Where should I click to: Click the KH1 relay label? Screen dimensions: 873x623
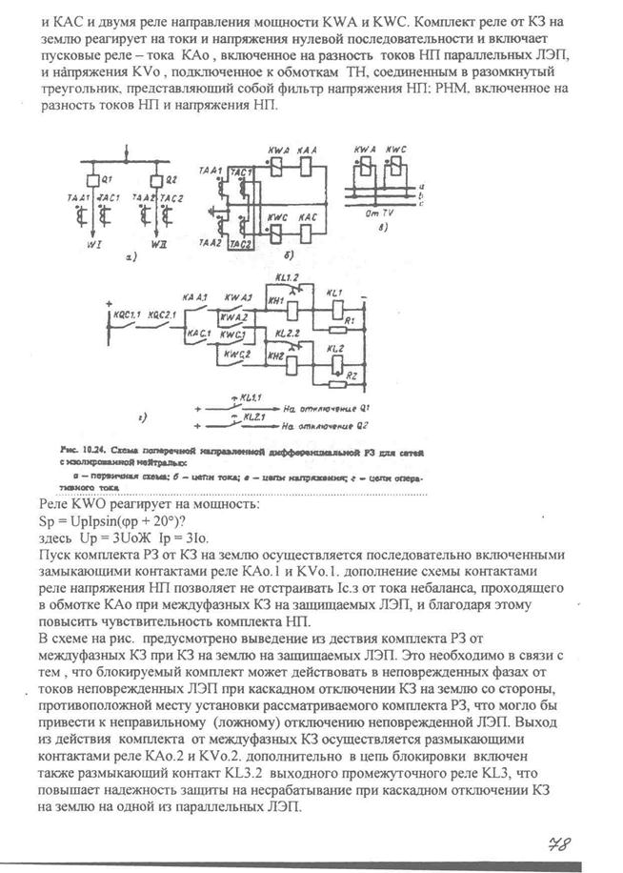(279, 300)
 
